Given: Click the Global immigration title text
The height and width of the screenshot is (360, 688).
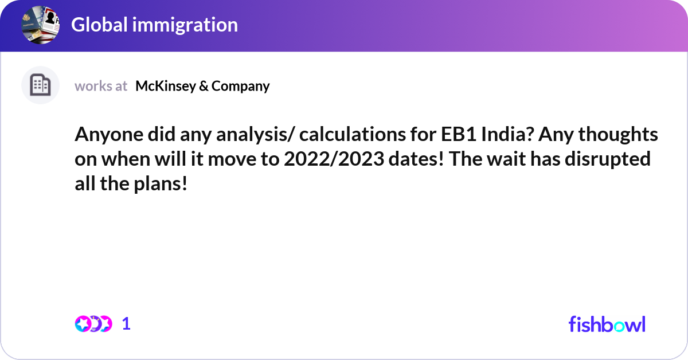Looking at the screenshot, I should click(154, 25).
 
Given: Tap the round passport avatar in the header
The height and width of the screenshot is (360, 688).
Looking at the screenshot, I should click(40, 25).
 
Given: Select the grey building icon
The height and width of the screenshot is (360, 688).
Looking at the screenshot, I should click(40, 85).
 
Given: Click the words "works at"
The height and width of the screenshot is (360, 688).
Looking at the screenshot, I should click(101, 86).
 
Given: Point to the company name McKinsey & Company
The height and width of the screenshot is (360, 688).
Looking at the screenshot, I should click(202, 86).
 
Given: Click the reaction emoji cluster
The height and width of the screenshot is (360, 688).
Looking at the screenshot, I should click(93, 324).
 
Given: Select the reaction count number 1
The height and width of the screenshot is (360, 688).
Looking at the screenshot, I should click(126, 324).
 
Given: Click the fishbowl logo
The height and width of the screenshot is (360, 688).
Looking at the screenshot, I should click(607, 324).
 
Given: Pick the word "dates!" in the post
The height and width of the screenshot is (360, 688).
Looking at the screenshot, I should click(415, 159).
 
